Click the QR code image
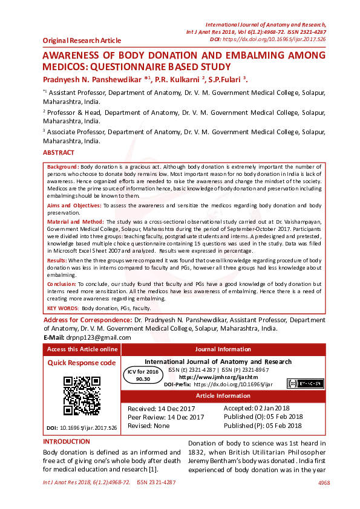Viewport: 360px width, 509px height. (82, 395)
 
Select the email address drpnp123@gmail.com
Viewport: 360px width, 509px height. (96, 337)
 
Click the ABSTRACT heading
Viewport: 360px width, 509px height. (59, 153)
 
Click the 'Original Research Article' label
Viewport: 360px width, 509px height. (82, 41)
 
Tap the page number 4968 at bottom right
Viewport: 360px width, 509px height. (324, 483)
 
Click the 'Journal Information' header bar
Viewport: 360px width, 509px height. (223, 349)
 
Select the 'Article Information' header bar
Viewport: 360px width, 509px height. (223, 396)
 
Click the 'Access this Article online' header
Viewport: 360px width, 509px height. (82, 349)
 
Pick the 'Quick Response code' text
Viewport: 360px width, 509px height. (82, 363)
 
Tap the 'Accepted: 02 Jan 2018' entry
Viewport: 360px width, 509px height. (257, 409)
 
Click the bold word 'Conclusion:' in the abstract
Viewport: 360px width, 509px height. (61, 284)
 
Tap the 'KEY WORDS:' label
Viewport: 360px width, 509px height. (62, 308)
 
